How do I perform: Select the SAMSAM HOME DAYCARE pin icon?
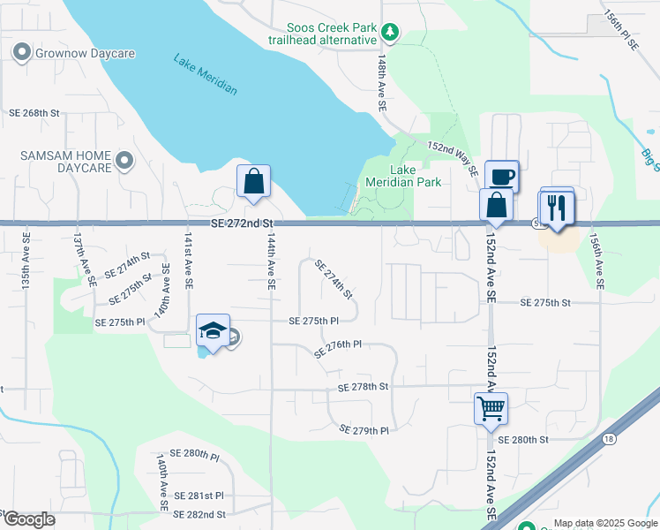(x=124, y=161)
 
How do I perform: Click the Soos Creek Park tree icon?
(x=390, y=34)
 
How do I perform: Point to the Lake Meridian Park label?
(x=415, y=177)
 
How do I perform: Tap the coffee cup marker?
(x=501, y=177)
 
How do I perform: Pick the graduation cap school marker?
(x=212, y=331)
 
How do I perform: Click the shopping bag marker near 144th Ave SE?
(x=253, y=181)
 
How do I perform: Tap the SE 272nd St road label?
(x=239, y=226)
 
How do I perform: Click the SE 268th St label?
(x=34, y=113)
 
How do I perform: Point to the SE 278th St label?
(x=363, y=387)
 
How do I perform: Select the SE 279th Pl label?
(x=364, y=430)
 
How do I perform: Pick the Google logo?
(x=29, y=519)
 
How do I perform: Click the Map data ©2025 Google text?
(x=604, y=523)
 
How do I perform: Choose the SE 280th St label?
(x=523, y=439)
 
